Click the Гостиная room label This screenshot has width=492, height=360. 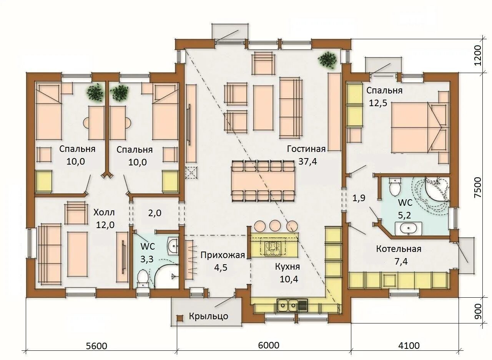306,149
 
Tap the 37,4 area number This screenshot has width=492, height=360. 307,162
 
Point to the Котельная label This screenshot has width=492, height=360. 399,249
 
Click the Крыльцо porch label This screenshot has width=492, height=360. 208,316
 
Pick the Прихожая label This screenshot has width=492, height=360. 223,255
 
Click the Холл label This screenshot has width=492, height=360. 104,213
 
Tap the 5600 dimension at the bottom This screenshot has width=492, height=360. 96,346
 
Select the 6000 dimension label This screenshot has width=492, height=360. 268,345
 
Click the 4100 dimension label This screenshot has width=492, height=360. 409,346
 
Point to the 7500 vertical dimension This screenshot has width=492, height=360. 477,187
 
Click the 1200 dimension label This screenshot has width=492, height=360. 477,55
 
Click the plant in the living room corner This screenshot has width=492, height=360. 327,59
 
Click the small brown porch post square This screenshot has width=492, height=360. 180,318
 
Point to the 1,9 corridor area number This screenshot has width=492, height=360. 359,198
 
